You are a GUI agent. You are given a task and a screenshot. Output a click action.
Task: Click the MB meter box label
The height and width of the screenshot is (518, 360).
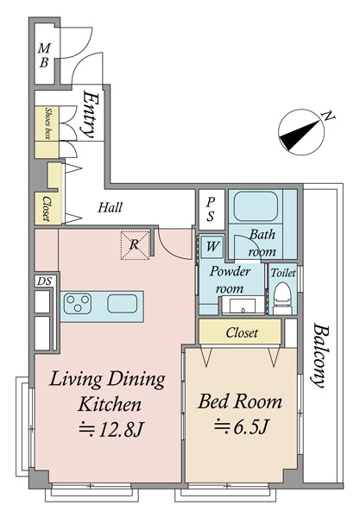tap(44, 55)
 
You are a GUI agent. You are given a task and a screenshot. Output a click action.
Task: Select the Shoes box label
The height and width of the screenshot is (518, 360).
tap(48, 123)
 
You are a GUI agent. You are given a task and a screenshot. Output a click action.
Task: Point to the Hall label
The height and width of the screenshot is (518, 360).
tap(110, 207)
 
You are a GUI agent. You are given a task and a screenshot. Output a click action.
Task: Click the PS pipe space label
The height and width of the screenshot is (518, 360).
tap(211, 210)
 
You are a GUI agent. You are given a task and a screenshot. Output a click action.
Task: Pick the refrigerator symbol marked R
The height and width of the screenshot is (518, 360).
tap(135, 245)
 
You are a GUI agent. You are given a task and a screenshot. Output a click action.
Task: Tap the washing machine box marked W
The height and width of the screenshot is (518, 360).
tap(212, 246)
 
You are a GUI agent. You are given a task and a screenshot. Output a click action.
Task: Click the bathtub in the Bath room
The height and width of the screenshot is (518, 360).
tap(256, 206)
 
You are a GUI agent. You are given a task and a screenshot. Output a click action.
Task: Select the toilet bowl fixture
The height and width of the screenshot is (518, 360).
tap(282, 298)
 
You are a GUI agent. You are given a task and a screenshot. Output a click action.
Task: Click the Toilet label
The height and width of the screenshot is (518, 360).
tap(283, 273)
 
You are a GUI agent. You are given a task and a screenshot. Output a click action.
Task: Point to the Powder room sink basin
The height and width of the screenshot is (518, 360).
tap(243, 306)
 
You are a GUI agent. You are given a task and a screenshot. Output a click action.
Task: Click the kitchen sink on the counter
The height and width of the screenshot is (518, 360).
tap(123, 304)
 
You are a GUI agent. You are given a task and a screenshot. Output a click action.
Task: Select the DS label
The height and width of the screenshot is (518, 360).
tap(44, 281)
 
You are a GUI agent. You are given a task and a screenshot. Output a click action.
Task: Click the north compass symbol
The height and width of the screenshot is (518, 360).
tap(301, 132)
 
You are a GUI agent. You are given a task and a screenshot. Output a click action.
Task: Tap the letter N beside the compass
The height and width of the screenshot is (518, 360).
tap(328, 116)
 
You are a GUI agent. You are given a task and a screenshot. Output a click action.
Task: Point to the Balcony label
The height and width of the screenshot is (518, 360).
tap(321, 356)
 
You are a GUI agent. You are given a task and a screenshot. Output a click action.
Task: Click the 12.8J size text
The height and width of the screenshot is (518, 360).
tap(111, 430)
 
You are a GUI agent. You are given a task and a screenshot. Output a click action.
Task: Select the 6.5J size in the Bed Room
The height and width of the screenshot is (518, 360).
tap(241, 427)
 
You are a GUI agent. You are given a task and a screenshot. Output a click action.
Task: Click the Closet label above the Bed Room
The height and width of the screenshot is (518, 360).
tap(242, 332)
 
